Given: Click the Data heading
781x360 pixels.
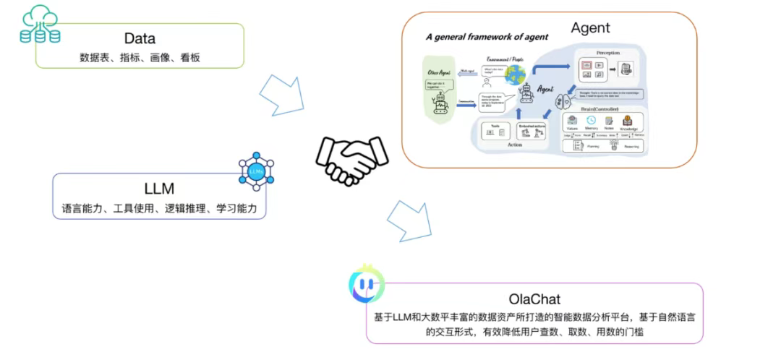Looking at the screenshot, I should [140, 38].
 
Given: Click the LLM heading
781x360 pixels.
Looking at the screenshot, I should [159, 189].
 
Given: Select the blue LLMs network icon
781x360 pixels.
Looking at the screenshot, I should [256, 171].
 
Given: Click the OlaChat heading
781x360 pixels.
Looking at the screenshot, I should [534, 299].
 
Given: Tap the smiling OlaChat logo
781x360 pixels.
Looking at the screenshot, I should [366, 285].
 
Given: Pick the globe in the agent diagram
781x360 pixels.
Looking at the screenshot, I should [515, 75].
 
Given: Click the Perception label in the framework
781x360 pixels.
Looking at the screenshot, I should [609, 53].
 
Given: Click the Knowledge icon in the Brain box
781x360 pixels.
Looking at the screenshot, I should [627, 121].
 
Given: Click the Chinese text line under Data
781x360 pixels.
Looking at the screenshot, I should [139, 57].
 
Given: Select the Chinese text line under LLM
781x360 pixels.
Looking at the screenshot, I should [159, 209].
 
